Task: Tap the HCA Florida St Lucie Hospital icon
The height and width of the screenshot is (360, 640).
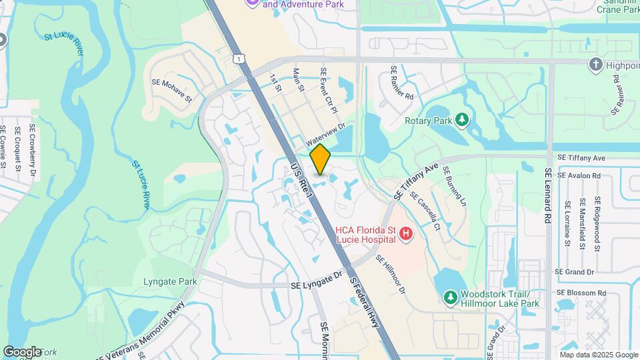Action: point(405,234)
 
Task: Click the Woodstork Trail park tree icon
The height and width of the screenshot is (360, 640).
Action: point(451,296)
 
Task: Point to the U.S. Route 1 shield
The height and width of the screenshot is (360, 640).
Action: point(239,59)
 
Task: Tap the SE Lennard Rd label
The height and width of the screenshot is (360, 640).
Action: point(548,195)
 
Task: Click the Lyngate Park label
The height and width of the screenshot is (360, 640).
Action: point(170,281)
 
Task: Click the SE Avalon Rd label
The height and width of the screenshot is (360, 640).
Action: point(579,175)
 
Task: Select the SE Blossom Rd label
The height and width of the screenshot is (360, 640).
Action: point(581,293)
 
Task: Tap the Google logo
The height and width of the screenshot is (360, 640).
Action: point(23,351)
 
